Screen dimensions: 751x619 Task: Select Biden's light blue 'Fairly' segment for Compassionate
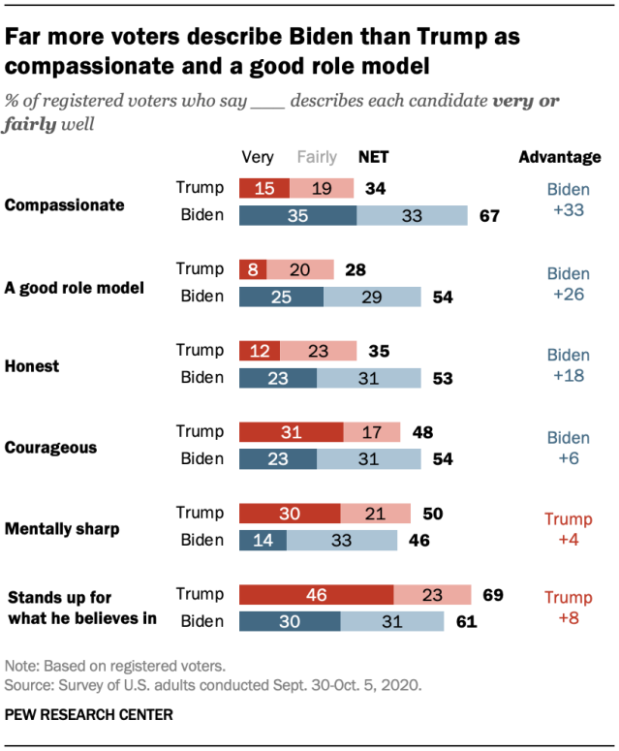coord(412,216)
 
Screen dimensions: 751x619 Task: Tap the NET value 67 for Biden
coord(489,216)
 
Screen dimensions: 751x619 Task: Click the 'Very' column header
coord(258,157)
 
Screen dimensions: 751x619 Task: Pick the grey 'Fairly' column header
coord(317,157)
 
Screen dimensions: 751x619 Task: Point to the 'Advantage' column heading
coord(560,157)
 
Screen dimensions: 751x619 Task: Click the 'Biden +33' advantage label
coord(568,201)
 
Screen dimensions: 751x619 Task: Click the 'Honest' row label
coord(32,366)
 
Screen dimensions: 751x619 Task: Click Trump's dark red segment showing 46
coord(316,595)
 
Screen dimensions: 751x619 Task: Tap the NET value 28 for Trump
coord(355,269)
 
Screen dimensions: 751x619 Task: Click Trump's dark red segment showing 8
coord(252,269)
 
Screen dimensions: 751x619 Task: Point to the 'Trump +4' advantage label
coord(568,528)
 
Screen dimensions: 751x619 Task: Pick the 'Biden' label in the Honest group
coord(201,377)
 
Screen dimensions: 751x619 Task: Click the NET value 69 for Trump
coord(492,595)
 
